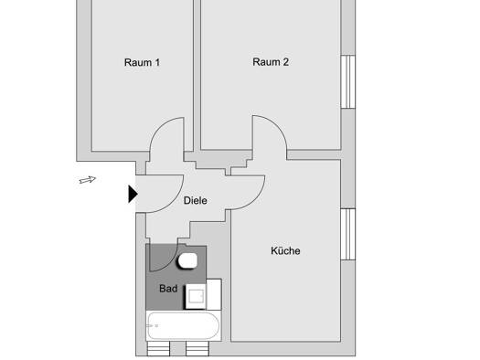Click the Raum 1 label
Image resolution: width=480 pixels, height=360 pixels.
pos(142,62)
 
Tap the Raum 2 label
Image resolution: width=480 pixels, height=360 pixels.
pos(271,62)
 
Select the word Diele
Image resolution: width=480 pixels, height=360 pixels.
pos(196,201)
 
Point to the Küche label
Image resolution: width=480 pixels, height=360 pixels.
pos(285,250)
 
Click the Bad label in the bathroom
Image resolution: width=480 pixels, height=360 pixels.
pos(168,289)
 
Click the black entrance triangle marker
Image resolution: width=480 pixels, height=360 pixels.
pos(133,194)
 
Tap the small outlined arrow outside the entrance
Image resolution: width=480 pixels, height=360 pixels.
pos(88,180)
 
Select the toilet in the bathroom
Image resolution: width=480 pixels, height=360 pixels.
pos(187,261)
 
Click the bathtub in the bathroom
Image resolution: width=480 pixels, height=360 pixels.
pos(184,326)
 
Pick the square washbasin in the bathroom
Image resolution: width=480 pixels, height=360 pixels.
pos(196,296)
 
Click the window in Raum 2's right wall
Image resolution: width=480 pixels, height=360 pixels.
pos(348,81)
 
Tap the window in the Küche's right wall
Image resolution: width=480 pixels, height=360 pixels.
pos(348,234)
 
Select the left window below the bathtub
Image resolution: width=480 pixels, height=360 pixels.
pos(158,349)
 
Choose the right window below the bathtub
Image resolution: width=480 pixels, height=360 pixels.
pos(197,349)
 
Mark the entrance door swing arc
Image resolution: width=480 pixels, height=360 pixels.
pos(174,202)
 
